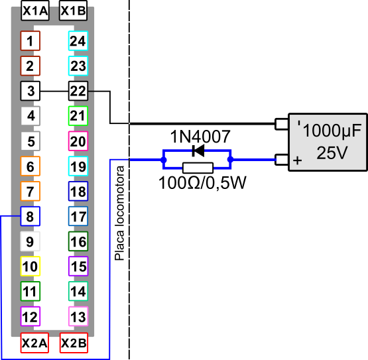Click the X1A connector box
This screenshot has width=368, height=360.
point(35,11)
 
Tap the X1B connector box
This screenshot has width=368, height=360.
point(73,11)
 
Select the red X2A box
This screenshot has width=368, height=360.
point(34,343)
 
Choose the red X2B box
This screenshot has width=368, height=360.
point(74,343)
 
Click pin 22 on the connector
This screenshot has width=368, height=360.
point(78,91)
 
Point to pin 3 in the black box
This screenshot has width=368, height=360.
point(31,91)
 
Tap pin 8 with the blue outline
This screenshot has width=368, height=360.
point(31,216)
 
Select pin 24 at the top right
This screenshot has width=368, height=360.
point(78,40)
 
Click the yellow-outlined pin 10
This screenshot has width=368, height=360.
point(31,266)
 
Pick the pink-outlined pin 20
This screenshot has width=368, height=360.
point(78,141)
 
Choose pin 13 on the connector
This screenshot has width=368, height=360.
point(78,316)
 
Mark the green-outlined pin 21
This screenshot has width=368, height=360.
point(78,116)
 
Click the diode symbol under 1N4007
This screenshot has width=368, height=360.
point(198,150)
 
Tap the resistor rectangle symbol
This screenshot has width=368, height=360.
point(198,168)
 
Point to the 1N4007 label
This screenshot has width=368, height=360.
point(200,137)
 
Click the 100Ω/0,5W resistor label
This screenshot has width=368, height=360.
point(202,182)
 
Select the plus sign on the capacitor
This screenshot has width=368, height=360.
point(297,160)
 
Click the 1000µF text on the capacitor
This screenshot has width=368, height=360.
point(332,131)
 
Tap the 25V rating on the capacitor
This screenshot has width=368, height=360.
point(332,152)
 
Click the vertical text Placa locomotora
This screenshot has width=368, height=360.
point(119,213)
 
